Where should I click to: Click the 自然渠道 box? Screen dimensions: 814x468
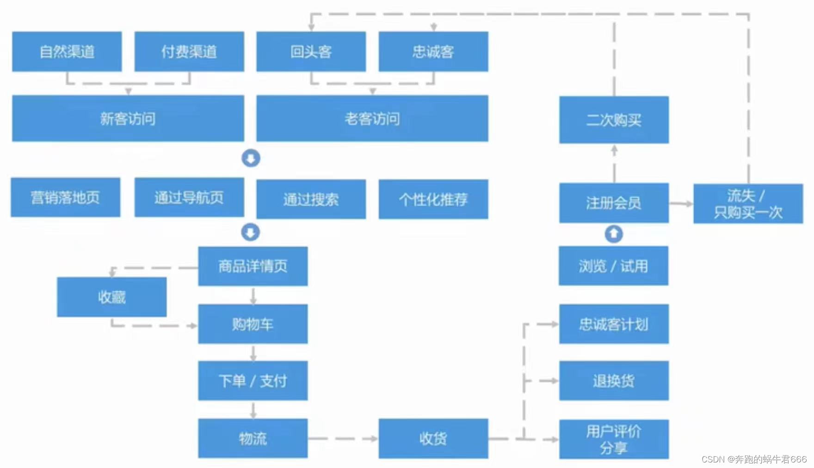(67, 51)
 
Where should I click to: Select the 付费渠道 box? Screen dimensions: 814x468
(189, 51)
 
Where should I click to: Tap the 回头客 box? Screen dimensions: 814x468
(311, 51)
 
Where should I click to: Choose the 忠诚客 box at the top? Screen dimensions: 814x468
(433, 51)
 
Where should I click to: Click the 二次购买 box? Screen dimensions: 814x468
(614, 120)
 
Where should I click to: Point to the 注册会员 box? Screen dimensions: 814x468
(614, 203)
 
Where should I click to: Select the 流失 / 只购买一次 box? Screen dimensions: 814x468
(748, 204)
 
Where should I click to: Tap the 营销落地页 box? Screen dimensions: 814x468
(66, 197)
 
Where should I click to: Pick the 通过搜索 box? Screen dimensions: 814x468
(311, 199)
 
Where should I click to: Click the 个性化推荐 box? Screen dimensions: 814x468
(433, 199)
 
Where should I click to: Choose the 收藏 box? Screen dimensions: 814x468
(112, 297)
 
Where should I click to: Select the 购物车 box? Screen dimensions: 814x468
(253, 324)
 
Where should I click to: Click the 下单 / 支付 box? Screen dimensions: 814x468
(253, 381)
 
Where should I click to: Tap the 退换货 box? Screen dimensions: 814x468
(614, 381)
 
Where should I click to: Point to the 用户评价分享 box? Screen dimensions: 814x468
(614, 439)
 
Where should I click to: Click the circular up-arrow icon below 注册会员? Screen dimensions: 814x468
(614, 234)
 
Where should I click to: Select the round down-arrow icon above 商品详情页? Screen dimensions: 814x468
(251, 232)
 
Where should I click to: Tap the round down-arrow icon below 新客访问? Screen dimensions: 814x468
(251, 158)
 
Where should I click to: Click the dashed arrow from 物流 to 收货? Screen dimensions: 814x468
(343, 438)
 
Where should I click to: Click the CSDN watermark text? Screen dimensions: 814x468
(754, 459)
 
